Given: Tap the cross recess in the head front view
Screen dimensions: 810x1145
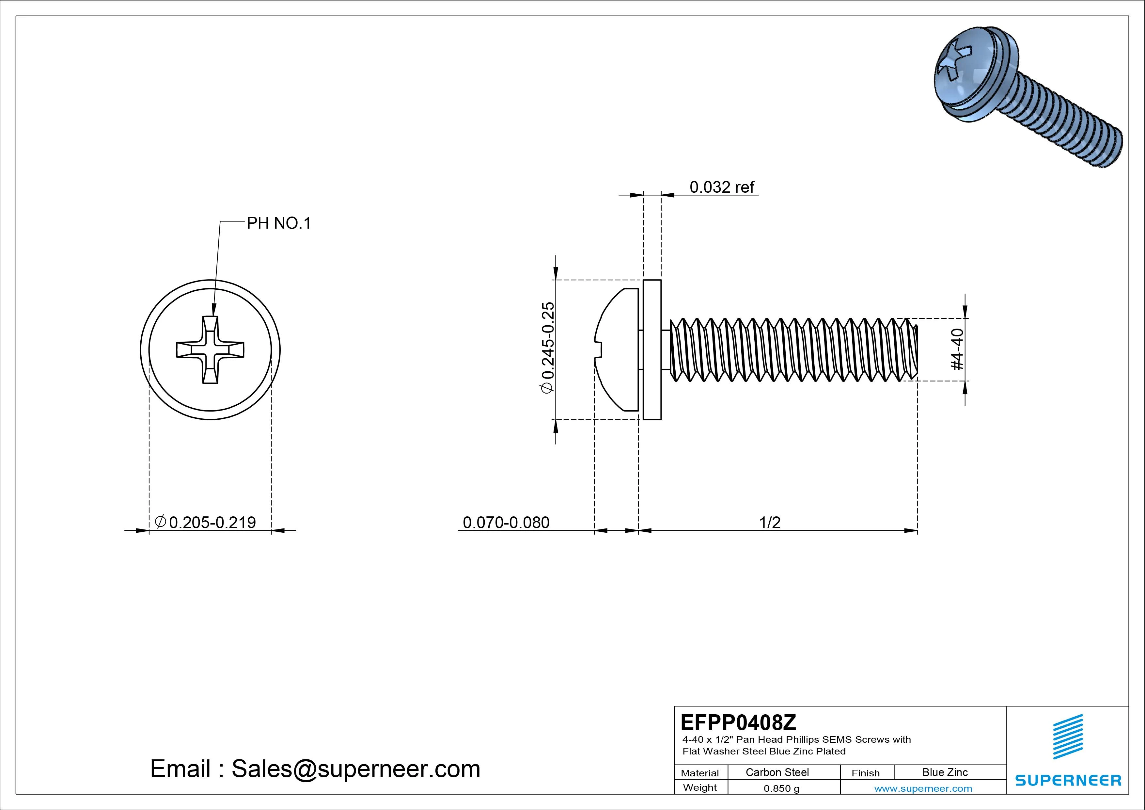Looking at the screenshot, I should [210, 350].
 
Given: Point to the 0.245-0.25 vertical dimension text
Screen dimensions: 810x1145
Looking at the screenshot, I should [548, 348].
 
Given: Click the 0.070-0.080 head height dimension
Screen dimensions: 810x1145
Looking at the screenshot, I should [506, 523].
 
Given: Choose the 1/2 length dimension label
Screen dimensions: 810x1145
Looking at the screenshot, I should [770, 523].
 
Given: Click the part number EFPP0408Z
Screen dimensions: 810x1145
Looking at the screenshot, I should [738, 722].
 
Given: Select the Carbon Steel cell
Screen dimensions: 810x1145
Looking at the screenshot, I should [777, 772].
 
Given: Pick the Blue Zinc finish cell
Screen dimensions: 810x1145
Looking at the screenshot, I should [945, 772].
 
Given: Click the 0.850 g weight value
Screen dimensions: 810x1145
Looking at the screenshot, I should [781, 788].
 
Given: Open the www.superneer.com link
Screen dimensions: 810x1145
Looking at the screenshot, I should [923, 788].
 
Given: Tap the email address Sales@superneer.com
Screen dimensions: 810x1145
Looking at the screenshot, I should [355, 769].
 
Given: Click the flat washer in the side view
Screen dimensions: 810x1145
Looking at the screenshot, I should [652, 349].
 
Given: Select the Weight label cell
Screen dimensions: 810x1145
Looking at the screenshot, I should [700, 787].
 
